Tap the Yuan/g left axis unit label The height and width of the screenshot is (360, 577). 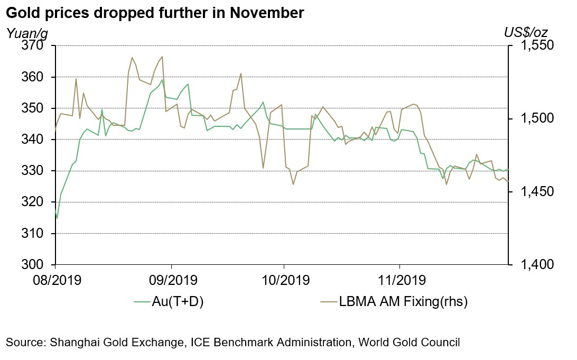[26, 33]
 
